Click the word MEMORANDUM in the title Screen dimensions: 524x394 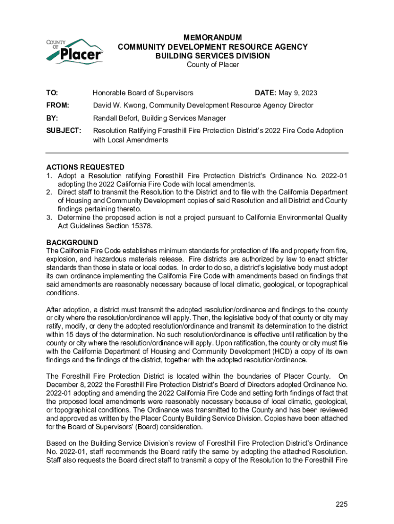[212, 37]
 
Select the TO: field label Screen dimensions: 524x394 [52, 93]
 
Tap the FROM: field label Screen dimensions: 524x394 [57, 105]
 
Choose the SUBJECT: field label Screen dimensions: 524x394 [63, 130]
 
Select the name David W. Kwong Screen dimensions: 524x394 [119, 105]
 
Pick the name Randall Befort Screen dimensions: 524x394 [116, 118]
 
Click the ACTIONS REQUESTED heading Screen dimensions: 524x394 [85, 167]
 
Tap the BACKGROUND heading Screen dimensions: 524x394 [72, 242]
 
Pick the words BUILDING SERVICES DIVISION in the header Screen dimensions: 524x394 [212, 56]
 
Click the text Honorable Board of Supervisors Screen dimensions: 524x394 [143, 93]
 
